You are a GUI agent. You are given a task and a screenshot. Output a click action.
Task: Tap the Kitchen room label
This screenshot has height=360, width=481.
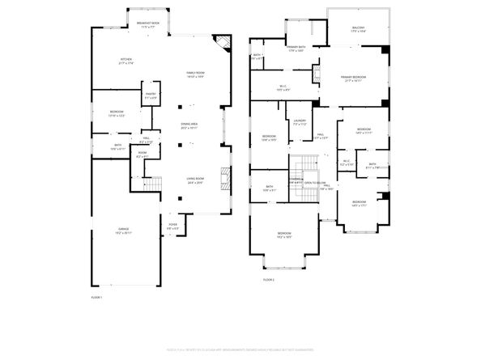point(126,61)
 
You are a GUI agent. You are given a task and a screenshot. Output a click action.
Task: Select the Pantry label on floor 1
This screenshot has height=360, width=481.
point(151,95)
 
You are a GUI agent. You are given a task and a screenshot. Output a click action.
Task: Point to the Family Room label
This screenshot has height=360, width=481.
point(195,75)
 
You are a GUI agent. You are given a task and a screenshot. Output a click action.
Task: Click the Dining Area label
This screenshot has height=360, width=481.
point(189,126)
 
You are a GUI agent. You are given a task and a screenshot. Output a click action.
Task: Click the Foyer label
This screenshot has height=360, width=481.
point(172,226)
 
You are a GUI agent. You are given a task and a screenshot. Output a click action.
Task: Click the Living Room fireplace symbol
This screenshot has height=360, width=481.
point(228,177)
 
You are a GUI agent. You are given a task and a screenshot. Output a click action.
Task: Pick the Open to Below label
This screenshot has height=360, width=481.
point(316,183)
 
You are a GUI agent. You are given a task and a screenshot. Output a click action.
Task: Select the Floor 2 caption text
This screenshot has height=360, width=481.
point(268,280)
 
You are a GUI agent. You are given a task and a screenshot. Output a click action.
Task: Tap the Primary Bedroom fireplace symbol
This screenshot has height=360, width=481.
point(386,50)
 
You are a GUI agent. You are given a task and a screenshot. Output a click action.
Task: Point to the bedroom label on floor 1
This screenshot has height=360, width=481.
point(107,114)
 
